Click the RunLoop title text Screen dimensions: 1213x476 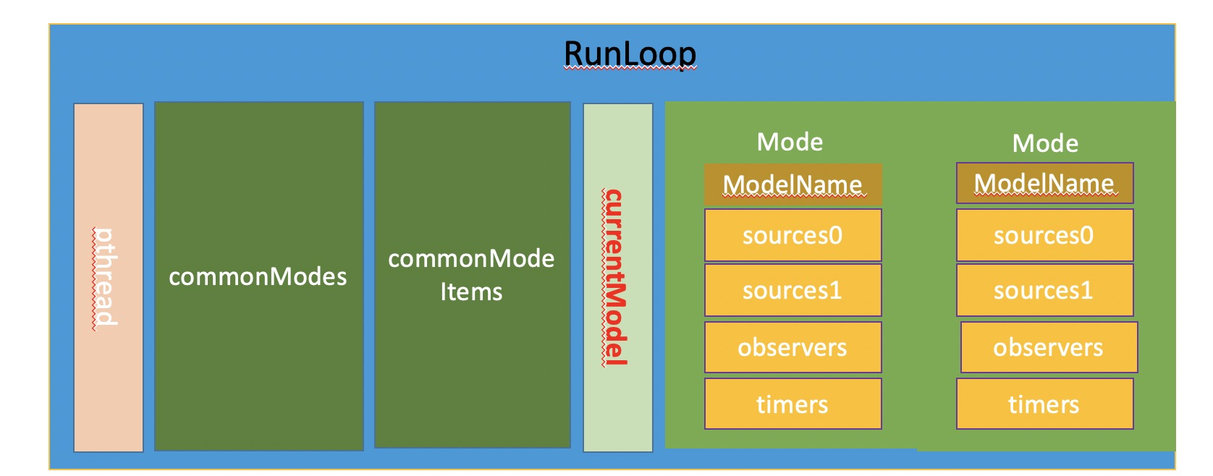tap(630, 54)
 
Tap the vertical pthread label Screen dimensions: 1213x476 tap(104, 277)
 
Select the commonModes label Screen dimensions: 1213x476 tap(258, 277)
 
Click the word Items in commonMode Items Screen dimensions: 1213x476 tap(471, 292)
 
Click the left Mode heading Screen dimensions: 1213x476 tap(790, 142)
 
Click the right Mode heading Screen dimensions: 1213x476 tap(1045, 143)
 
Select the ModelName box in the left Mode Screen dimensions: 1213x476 tap(793, 184)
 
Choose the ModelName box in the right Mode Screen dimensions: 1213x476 tap(1044, 183)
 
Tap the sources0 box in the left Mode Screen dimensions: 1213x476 tap(793, 235)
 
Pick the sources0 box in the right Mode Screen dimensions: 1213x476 tap(1044, 235)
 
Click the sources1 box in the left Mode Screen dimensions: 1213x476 tap(793, 290)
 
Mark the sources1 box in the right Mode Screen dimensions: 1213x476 tap(1044, 290)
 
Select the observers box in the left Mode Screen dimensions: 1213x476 tap(793, 347)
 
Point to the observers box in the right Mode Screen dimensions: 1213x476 tap(1049, 347)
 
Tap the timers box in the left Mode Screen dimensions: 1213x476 tap(793, 404)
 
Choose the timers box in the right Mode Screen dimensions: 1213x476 tap(1044, 404)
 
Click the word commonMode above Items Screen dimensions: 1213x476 tap(471, 259)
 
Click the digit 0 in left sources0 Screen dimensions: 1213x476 tap(835, 236)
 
